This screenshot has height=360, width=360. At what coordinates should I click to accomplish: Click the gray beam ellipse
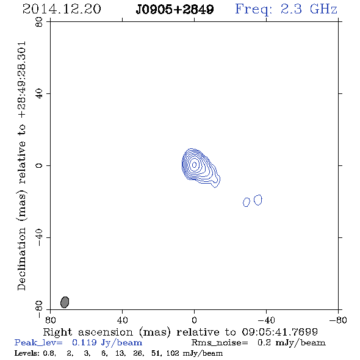(65, 302)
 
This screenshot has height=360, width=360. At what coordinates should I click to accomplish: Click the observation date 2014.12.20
(62, 9)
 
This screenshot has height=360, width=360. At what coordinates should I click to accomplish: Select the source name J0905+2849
(175, 10)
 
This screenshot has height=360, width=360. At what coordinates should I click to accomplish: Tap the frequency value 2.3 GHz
(309, 9)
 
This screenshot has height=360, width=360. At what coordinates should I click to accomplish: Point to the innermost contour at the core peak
(194, 164)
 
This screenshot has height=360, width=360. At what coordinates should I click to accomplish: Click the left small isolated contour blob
(247, 202)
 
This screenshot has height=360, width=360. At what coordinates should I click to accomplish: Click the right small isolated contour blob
(258, 200)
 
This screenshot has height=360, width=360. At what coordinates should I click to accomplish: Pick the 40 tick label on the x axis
(123, 320)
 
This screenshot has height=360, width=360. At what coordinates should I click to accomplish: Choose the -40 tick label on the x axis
(266, 320)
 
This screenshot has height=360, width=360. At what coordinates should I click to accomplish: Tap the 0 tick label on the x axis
(194, 320)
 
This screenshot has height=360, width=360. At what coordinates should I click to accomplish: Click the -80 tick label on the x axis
(338, 320)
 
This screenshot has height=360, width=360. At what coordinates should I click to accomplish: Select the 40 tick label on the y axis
(39, 94)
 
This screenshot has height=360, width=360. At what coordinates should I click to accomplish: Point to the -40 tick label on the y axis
(39, 237)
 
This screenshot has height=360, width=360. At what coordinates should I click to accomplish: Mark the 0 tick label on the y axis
(39, 165)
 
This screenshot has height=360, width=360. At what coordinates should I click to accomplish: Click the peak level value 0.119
(84, 342)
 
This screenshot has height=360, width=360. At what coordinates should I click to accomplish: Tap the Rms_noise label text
(220, 343)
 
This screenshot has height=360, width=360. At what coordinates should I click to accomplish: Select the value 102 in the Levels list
(173, 353)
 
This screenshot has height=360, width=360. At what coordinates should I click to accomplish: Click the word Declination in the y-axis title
(21, 259)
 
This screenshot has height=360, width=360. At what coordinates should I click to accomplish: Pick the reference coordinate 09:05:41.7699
(280, 332)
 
